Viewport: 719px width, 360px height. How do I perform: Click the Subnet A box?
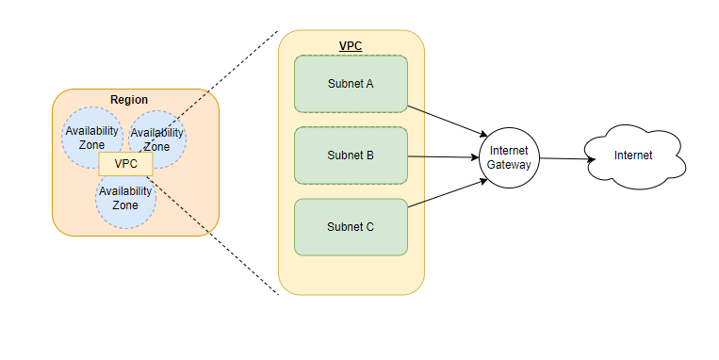351,84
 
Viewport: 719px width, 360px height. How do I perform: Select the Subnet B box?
351,155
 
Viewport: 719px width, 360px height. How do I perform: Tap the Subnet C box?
351,227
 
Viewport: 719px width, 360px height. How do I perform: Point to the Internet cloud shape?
634,156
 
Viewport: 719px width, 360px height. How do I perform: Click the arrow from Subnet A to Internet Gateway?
448,121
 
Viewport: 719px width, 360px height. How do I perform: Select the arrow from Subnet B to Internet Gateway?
444,156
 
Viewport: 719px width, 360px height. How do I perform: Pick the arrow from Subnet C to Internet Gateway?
448,193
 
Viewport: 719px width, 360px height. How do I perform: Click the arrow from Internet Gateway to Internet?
567,158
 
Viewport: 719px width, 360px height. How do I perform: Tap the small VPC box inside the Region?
125,164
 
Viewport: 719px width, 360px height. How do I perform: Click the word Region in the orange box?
129,100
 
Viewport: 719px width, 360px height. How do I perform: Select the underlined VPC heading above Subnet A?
351,46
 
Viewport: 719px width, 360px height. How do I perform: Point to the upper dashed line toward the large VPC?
208,91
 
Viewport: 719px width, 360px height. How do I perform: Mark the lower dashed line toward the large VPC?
213,236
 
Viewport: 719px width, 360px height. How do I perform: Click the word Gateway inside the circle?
509,165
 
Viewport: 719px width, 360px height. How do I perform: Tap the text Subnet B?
351,155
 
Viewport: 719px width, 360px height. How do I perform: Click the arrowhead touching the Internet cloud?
592,159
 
